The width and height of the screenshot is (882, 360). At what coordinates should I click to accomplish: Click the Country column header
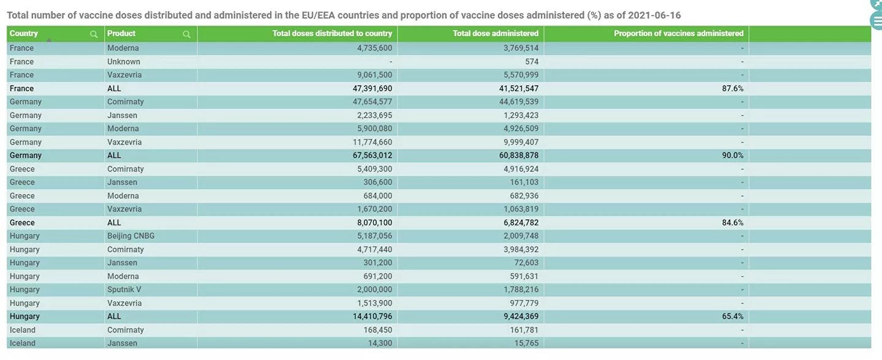[x=24, y=34]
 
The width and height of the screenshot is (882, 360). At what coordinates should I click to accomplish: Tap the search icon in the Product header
[x=186, y=34]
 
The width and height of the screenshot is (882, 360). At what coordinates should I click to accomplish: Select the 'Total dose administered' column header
[x=496, y=34]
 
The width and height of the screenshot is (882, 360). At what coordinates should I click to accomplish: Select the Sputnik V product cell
[x=124, y=290]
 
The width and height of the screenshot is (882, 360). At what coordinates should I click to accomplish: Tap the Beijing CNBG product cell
[x=130, y=236]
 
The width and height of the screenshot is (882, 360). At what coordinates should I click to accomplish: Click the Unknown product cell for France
[x=124, y=62]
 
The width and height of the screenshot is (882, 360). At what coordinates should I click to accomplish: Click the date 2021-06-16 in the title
[x=654, y=15]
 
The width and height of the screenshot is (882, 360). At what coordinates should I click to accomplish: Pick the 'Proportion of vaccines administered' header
[x=679, y=34]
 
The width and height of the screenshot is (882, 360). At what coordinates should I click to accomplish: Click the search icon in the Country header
[x=94, y=34]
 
